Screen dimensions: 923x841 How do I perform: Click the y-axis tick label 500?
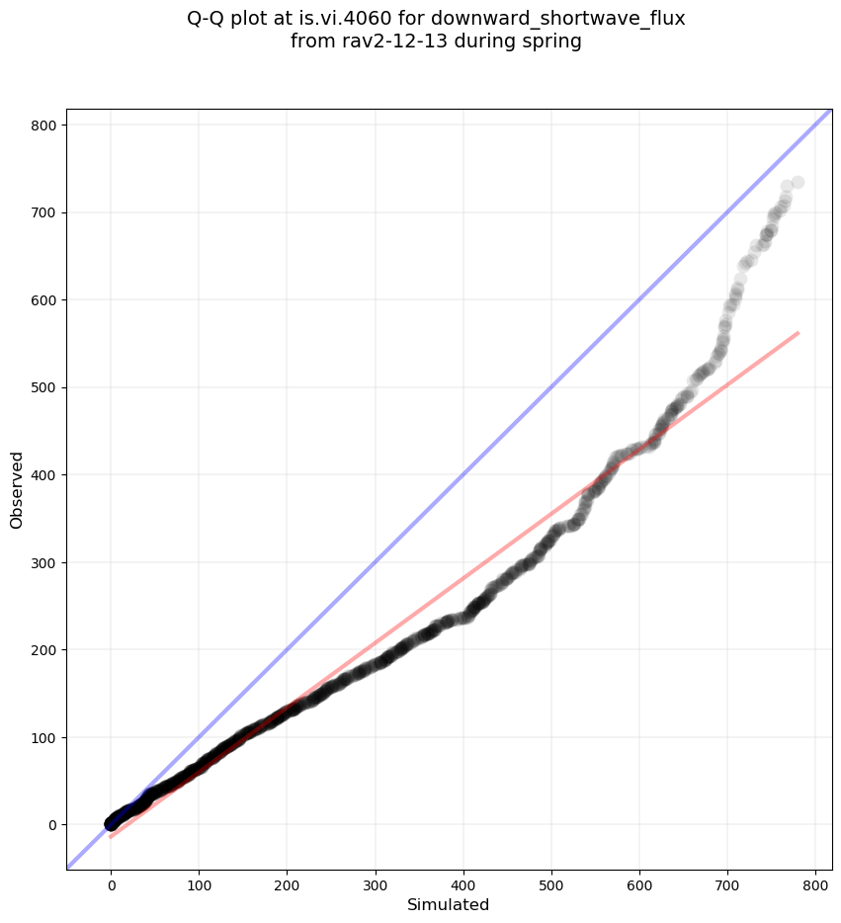tap(43, 387)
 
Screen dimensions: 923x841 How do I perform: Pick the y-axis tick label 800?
tap(43, 126)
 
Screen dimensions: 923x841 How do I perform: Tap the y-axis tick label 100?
tap(43, 737)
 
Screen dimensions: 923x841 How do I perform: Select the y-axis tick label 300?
tap(43, 562)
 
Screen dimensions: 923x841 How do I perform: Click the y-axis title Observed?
tap(17, 489)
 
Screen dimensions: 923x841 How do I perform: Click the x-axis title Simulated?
tap(449, 904)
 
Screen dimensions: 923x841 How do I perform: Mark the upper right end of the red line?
tap(798, 333)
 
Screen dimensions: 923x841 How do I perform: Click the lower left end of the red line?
tap(111, 837)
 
